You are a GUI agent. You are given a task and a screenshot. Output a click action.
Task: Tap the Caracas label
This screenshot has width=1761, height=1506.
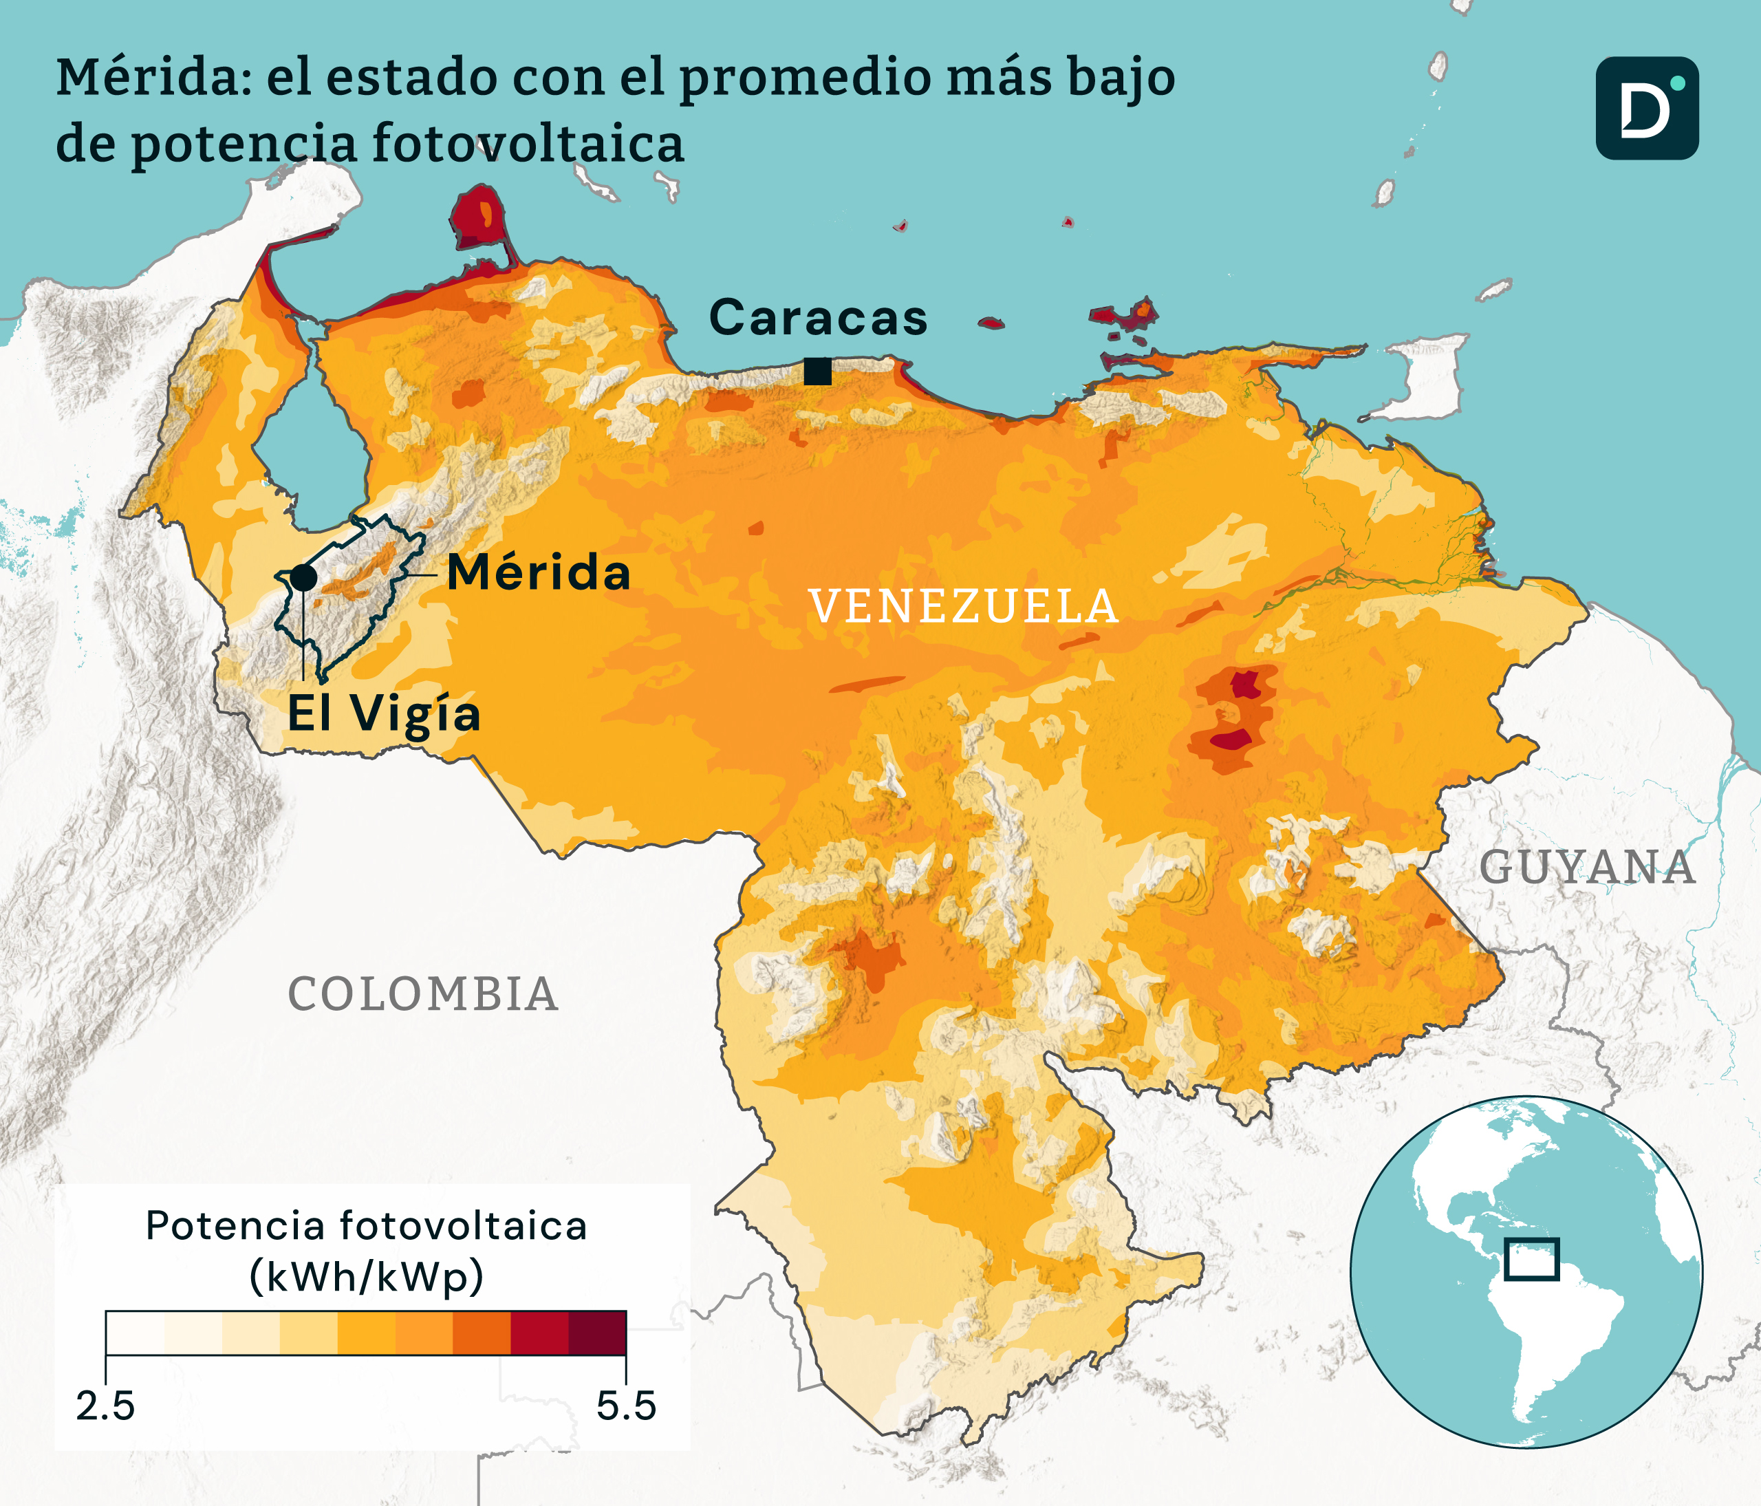818,319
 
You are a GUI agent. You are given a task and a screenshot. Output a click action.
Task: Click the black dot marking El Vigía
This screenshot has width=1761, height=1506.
303,578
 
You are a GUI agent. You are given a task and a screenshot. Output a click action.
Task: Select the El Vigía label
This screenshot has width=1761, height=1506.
384,714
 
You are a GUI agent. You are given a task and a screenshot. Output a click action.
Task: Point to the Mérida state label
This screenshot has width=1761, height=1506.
539,573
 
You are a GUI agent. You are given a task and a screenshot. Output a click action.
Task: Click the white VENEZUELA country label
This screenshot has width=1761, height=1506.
964,607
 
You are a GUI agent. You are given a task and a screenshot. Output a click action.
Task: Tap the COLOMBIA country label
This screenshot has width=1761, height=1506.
422,994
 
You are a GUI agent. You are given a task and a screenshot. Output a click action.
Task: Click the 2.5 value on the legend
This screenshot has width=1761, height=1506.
105,1406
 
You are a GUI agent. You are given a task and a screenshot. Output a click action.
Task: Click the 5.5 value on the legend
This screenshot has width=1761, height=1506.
625,1406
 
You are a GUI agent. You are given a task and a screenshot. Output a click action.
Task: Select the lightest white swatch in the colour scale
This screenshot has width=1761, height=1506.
135,1333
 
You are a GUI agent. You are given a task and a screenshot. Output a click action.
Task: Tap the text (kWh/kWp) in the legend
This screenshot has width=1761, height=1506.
367,1276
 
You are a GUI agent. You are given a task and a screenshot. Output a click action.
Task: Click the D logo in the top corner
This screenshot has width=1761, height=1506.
1646,109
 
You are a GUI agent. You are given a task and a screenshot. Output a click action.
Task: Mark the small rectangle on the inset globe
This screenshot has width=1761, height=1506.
1531,1260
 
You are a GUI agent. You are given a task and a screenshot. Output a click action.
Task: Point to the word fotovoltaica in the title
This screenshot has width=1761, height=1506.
527,143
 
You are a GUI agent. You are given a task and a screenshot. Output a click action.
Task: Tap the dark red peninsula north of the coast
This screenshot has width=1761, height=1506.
477,217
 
